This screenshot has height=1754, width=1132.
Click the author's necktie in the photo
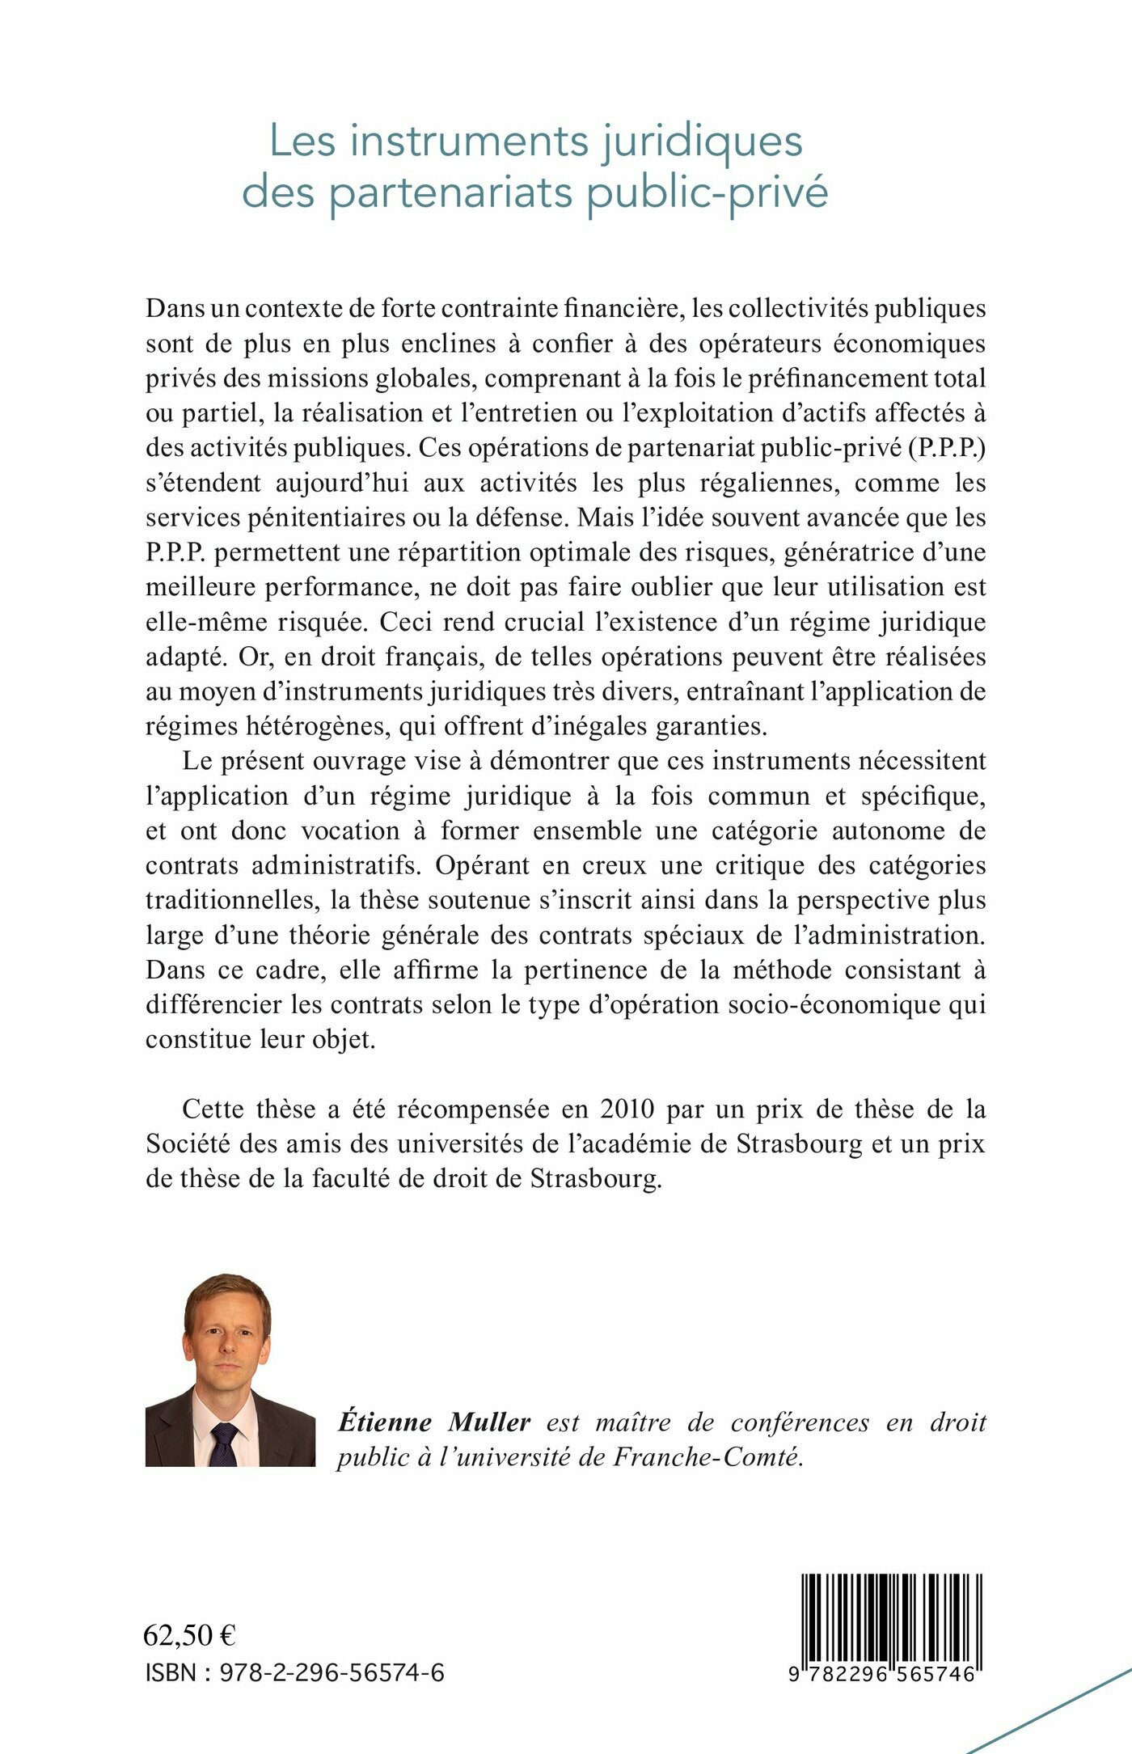click(224, 1444)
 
